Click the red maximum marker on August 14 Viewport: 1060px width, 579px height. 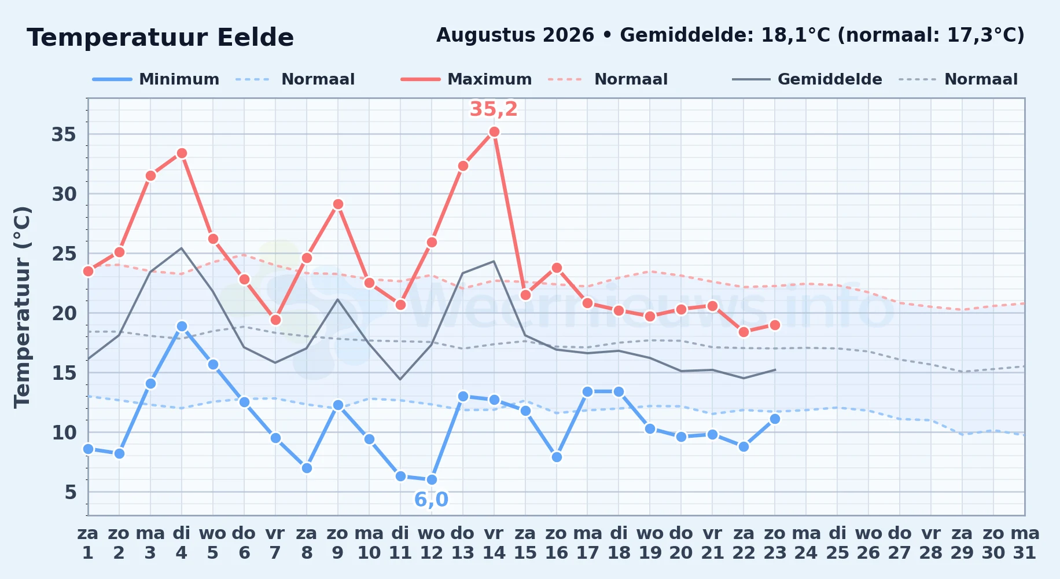(x=494, y=132)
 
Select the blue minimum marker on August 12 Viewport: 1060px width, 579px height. (x=432, y=480)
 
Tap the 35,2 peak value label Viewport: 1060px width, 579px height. (x=494, y=109)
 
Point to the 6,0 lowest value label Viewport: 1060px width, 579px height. (x=431, y=499)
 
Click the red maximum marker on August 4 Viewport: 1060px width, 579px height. (x=182, y=153)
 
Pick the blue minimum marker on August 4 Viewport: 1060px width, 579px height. (x=182, y=327)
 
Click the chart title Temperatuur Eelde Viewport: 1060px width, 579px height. (x=160, y=38)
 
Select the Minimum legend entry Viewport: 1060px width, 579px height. (x=156, y=79)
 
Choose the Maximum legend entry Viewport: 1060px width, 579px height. (x=466, y=79)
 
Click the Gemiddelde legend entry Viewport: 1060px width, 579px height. (x=807, y=79)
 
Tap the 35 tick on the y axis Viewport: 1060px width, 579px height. (x=64, y=135)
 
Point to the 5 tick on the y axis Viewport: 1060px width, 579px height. (x=71, y=492)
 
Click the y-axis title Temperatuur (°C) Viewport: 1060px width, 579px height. (x=22, y=307)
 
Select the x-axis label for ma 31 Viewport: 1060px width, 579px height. (x=1025, y=543)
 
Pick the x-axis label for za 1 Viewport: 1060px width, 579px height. (x=88, y=543)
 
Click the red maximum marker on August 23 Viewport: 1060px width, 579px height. (x=775, y=325)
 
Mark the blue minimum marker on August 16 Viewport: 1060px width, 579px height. (x=557, y=457)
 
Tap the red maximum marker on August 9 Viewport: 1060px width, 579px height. (x=338, y=204)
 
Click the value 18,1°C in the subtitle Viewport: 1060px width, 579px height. (x=796, y=35)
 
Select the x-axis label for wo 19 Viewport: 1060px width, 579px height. (x=650, y=543)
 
